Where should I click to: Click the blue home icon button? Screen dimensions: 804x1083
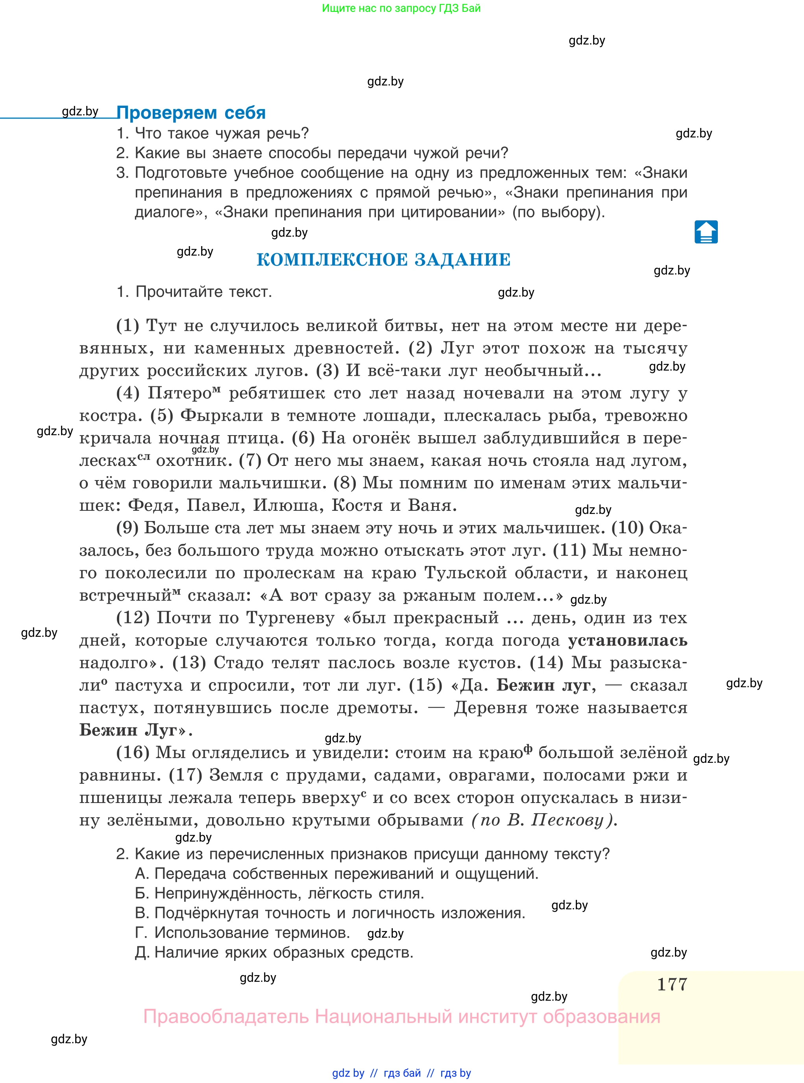(x=706, y=232)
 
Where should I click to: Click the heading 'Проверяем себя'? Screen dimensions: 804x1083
(x=191, y=113)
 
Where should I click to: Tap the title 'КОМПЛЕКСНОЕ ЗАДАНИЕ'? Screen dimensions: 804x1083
(x=384, y=260)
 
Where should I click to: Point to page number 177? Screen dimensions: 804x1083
(x=672, y=984)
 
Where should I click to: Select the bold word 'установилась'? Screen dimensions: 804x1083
(x=627, y=640)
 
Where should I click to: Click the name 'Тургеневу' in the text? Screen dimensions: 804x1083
(x=290, y=618)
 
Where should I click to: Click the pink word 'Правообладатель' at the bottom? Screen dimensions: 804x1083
(x=226, y=1017)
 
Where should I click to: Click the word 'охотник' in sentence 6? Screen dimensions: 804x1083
(x=194, y=461)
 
